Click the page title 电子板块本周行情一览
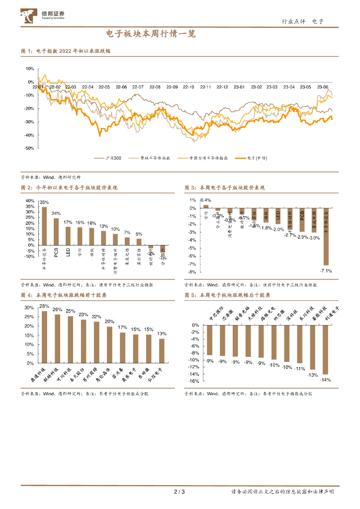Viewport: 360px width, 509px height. coord(151,34)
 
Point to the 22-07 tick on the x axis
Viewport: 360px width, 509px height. coord(137,87)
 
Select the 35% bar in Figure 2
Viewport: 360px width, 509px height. coord(44,224)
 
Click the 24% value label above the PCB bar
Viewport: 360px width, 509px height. coord(56,214)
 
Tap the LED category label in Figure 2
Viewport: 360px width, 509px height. coord(68,253)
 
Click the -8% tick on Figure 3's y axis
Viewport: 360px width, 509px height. coord(191,272)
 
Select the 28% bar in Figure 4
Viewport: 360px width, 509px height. coord(44,337)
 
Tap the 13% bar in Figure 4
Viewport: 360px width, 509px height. coord(161,350)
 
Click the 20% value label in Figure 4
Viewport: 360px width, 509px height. coord(109,322)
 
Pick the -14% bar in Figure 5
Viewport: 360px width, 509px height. coord(325,349)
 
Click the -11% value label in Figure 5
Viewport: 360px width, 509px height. coord(299,368)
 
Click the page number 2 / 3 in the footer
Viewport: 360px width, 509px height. coord(180,492)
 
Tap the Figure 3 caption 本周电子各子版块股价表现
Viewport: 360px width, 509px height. coord(232,188)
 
